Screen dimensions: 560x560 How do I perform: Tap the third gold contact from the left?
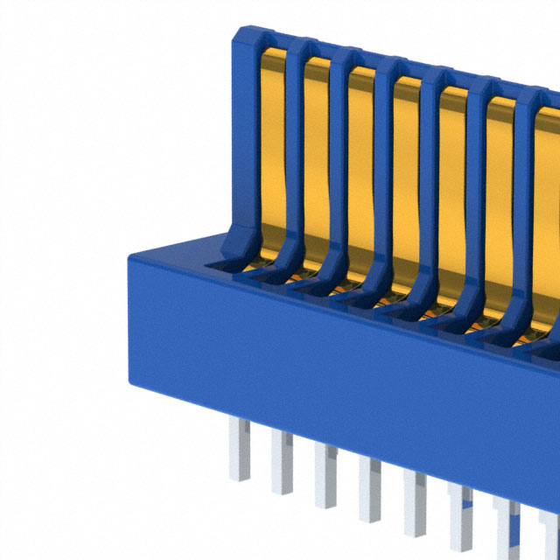361,166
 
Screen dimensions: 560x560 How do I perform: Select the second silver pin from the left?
282,457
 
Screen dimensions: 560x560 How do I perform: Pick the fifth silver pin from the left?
415,499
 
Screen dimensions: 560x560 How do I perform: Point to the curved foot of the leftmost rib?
232,245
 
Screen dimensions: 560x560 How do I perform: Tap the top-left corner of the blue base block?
131,256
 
